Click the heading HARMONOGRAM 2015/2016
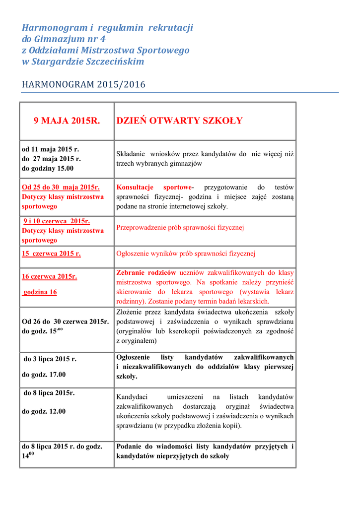[x=83, y=84]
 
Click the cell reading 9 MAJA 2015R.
[x=67, y=121]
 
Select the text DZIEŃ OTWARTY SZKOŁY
[x=179, y=121]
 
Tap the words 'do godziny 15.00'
[x=48, y=168]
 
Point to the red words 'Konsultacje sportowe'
[x=154, y=187]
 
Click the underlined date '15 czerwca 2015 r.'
[x=51, y=254]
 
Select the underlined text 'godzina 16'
[x=40, y=292]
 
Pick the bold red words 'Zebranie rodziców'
[x=146, y=272]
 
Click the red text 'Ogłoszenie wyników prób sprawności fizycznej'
[x=185, y=254]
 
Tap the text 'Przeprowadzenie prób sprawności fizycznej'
[x=180, y=228]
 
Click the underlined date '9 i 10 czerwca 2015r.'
[x=57, y=221]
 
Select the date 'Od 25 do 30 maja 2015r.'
[x=61, y=187]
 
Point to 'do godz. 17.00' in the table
[x=45, y=375]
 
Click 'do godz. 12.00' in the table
[x=45, y=411]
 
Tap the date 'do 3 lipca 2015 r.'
[x=50, y=359]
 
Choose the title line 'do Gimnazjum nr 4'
[x=64, y=39]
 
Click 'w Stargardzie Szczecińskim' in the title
[x=83, y=62]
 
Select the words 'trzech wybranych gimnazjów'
[x=159, y=163]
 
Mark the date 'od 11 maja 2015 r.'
[x=50, y=149]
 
